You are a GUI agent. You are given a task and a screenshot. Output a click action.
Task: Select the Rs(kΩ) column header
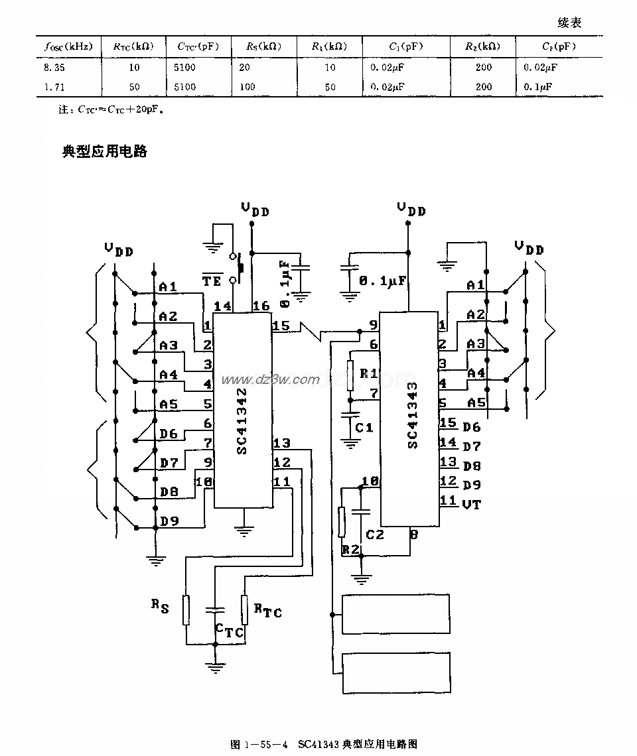click(263, 46)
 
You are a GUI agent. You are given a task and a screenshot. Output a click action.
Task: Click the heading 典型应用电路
click(104, 151)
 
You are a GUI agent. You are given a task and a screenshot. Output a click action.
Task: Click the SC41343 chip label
click(413, 414)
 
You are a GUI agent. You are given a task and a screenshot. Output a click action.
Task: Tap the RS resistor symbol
click(187, 610)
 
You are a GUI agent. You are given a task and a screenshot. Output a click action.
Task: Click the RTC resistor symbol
click(244, 610)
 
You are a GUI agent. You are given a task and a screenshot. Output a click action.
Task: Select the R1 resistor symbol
click(350, 375)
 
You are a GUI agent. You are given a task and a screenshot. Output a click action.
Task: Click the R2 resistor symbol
click(342, 522)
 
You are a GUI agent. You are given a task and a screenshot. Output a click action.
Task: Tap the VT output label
click(471, 503)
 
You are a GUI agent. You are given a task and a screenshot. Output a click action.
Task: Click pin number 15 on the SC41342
click(281, 326)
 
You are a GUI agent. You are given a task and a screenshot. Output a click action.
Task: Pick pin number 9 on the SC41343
click(373, 325)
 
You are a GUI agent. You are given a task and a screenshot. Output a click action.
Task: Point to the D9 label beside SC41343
click(471, 485)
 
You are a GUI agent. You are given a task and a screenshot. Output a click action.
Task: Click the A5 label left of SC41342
click(169, 404)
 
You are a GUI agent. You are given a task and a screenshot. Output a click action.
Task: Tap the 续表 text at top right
click(569, 23)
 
